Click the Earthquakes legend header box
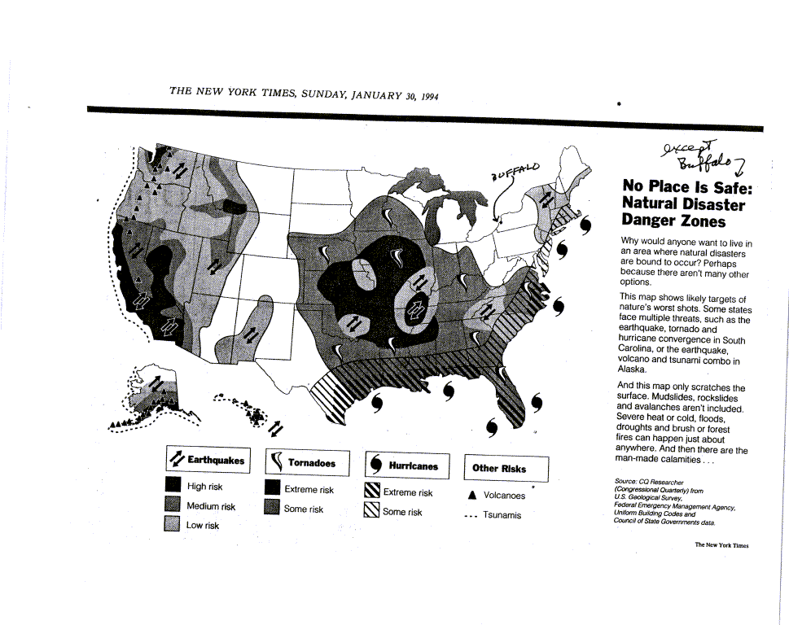coord(207,461)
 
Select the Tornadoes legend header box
coord(307,463)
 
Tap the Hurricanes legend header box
coord(407,465)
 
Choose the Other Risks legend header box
coord(506,468)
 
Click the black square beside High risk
coord(172,486)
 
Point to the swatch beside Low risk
coord(172,524)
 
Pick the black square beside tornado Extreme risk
coord(273,488)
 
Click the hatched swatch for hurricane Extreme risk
coord(371,491)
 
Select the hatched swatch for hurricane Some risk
coord(371,510)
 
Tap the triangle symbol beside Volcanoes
coord(472,495)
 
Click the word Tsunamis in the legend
coord(502,515)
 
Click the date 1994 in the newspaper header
coord(428,96)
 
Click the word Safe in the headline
coord(728,187)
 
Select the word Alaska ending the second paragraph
coord(633,369)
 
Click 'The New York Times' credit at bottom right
coord(721,545)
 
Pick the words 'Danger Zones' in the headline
coord(673,221)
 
